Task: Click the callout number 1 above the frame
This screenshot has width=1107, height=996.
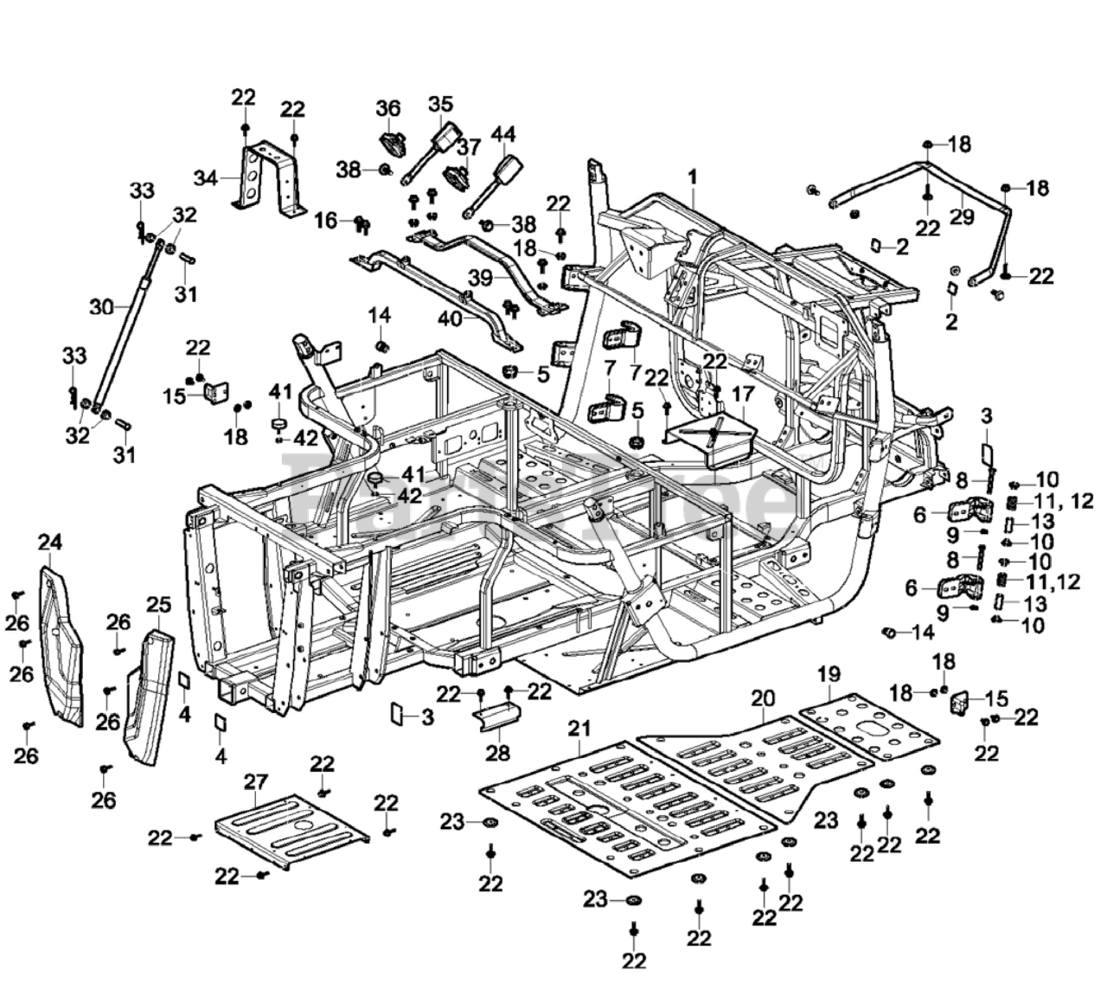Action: [692, 177]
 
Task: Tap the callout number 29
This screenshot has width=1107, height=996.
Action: [962, 217]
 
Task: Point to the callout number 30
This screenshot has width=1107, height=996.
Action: [101, 306]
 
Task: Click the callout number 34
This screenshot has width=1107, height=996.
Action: [205, 179]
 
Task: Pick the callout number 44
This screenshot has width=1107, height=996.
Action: [503, 135]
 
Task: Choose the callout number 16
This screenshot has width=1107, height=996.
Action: [325, 221]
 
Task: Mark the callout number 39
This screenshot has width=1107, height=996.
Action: [481, 277]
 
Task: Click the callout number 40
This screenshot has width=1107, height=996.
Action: [450, 318]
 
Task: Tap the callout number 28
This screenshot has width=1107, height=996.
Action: [497, 752]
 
